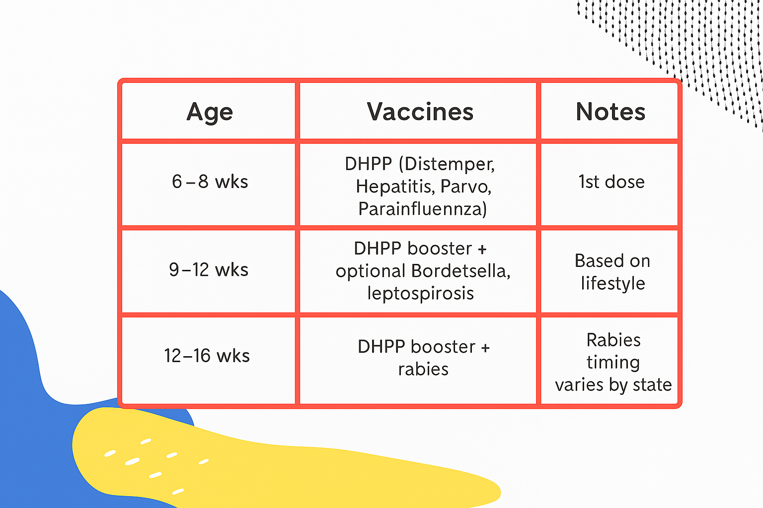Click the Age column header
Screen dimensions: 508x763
point(210,112)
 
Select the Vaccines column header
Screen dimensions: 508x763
point(420,112)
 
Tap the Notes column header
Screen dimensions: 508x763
point(610,112)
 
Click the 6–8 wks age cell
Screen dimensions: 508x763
point(210,182)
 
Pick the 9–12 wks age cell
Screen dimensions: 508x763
point(209,270)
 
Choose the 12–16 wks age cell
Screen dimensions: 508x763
point(207,356)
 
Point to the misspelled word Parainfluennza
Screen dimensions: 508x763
point(422,209)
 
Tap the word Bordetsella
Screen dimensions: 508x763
point(460,271)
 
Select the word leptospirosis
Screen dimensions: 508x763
point(421,293)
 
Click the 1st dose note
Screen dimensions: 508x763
point(611,182)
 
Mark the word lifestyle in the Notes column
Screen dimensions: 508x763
point(613,283)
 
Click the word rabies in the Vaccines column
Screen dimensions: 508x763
point(423,369)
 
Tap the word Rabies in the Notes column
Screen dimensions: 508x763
point(613,340)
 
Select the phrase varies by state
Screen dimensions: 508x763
point(613,385)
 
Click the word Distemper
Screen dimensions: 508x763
point(451,164)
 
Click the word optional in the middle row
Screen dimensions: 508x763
point(371,271)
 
